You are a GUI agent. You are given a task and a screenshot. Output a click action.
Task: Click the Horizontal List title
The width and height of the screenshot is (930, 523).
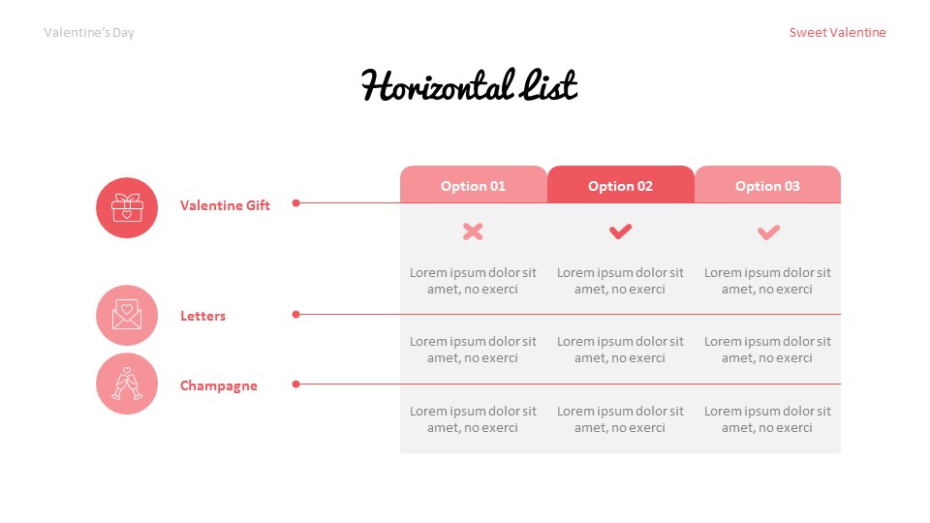(x=469, y=86)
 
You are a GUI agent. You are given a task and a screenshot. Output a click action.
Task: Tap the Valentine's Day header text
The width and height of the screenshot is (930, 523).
(x=89, y=33)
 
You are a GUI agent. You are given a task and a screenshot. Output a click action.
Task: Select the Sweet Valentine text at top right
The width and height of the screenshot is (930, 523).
(x=837, y=33)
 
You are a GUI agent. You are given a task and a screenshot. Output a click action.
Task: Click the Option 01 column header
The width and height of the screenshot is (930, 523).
(x=473, y=186)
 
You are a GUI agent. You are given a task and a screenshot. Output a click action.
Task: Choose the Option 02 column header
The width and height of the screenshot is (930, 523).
(x=620, y=186)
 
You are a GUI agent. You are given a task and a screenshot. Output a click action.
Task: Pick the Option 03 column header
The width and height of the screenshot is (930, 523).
(x=767, y=186)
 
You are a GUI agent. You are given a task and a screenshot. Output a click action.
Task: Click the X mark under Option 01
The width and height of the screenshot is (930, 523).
(x=473, y=231)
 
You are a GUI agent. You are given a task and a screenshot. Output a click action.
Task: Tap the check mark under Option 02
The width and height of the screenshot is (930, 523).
(x=620, y=231)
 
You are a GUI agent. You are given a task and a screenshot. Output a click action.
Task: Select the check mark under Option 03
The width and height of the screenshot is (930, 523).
(x=768, y=231)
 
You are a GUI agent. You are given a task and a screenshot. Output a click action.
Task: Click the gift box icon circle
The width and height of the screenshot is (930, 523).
(x=127, y=207)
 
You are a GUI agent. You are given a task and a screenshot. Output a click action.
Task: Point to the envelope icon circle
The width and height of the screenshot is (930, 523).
(x=127, y=316)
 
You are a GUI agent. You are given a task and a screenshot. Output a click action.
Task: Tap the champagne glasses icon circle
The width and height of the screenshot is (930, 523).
(x=127, y=385)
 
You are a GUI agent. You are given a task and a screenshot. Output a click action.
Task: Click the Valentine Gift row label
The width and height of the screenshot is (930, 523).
(x=225, y=205)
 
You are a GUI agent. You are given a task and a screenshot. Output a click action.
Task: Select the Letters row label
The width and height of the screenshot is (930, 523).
(x=202, y=316)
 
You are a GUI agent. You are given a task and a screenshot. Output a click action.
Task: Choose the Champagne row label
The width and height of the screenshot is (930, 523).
(x=219, y=385)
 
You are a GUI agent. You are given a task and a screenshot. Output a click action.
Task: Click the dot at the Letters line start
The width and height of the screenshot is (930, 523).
(x=296, y=314)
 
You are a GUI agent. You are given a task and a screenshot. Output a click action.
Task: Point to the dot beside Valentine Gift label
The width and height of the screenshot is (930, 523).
(x=296, y=203)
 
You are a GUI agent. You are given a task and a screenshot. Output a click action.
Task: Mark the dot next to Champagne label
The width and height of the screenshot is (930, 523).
(x=296, y=384)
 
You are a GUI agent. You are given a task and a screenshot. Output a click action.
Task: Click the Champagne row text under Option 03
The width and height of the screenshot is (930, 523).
(x=767, y=419)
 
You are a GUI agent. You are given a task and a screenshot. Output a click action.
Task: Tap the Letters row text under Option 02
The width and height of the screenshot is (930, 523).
(x=620, y=350)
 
